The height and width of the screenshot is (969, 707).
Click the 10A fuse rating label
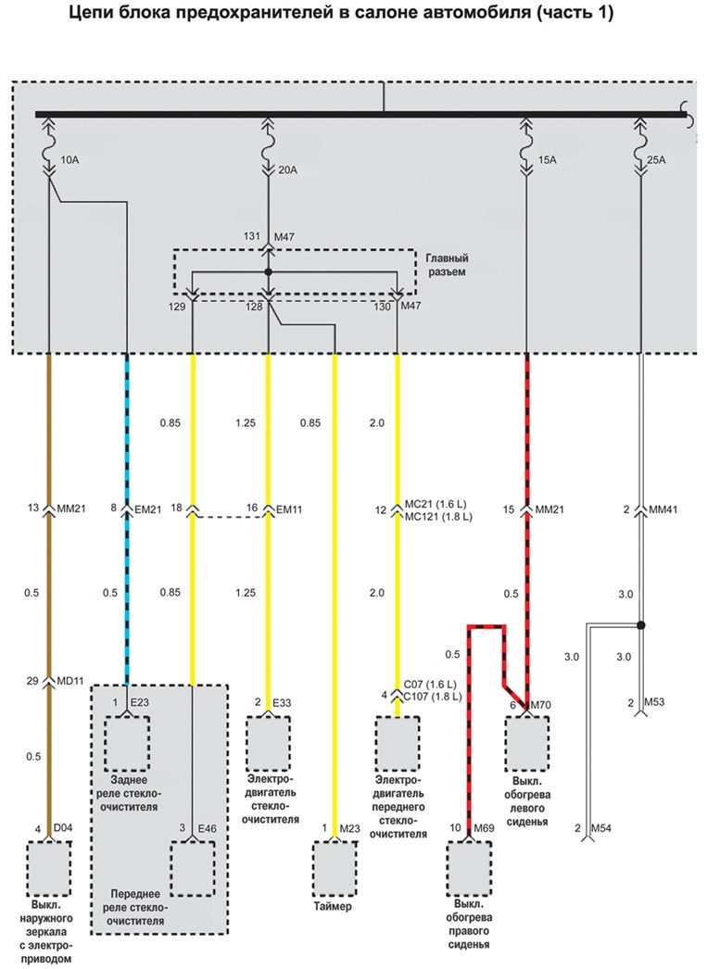pyautogui.click(x=69, y=160)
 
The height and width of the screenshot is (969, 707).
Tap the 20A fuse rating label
pyautogui.click(x=288, y=170)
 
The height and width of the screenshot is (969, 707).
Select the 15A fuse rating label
pyautogui.click(x=547, y=160)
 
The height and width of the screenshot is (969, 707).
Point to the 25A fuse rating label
pyautogui.click(x=657, y=160)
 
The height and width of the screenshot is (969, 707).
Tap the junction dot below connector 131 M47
pyautogui.click(x=269, y=271)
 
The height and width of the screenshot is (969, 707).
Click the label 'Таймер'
pyautogui.click(x=333, y=907)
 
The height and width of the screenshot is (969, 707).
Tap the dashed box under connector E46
pyautogui.click(x=192, y=869)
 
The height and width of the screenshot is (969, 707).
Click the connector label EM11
pyautogui.click(x=290, y=510)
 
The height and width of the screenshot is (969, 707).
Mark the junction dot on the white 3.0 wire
pyautogui.click(x=640, y=624)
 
